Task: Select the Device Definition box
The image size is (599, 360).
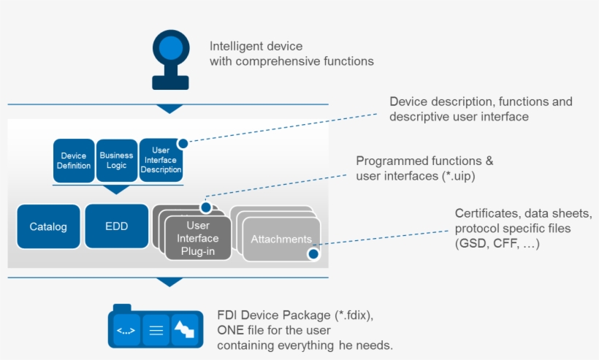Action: pyautogui.click(x=74, y=161)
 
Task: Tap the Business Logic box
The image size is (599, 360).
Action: pyautogui.click(x=117, y=161)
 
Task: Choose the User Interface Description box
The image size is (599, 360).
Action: pyautogui.click(x=161, y=160)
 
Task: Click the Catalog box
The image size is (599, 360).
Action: pyautogui.click(x=48, y=226)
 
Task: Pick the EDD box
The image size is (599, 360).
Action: pyautogui.click(x=117, y=226)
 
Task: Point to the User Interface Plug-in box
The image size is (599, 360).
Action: pyautogui.click(x=198, y=238)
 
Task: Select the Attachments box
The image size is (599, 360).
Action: pyautogui.click(x=281, y=240)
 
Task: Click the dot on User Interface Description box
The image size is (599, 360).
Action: pyautogui.click(x=183, y=144)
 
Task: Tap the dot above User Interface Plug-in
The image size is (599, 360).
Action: pyautogui.click(x=206, y=208)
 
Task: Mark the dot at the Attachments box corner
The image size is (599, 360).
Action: pyautogui.click(x=313, y=254)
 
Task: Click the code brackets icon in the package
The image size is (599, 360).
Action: pyautogui.click(x=125, y=331)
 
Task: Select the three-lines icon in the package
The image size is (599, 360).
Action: pyautogui.click(x=156, y=331)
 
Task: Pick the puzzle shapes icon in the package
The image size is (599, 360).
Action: pyautogui.click(x=183, y=331)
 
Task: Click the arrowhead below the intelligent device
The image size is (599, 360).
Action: pyautogui.click(x=169, y=109)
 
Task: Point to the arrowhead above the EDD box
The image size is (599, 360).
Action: pyautogui.click(x=117, y=190)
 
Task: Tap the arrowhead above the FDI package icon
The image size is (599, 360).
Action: pyautogui.click(x=169, y=282)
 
